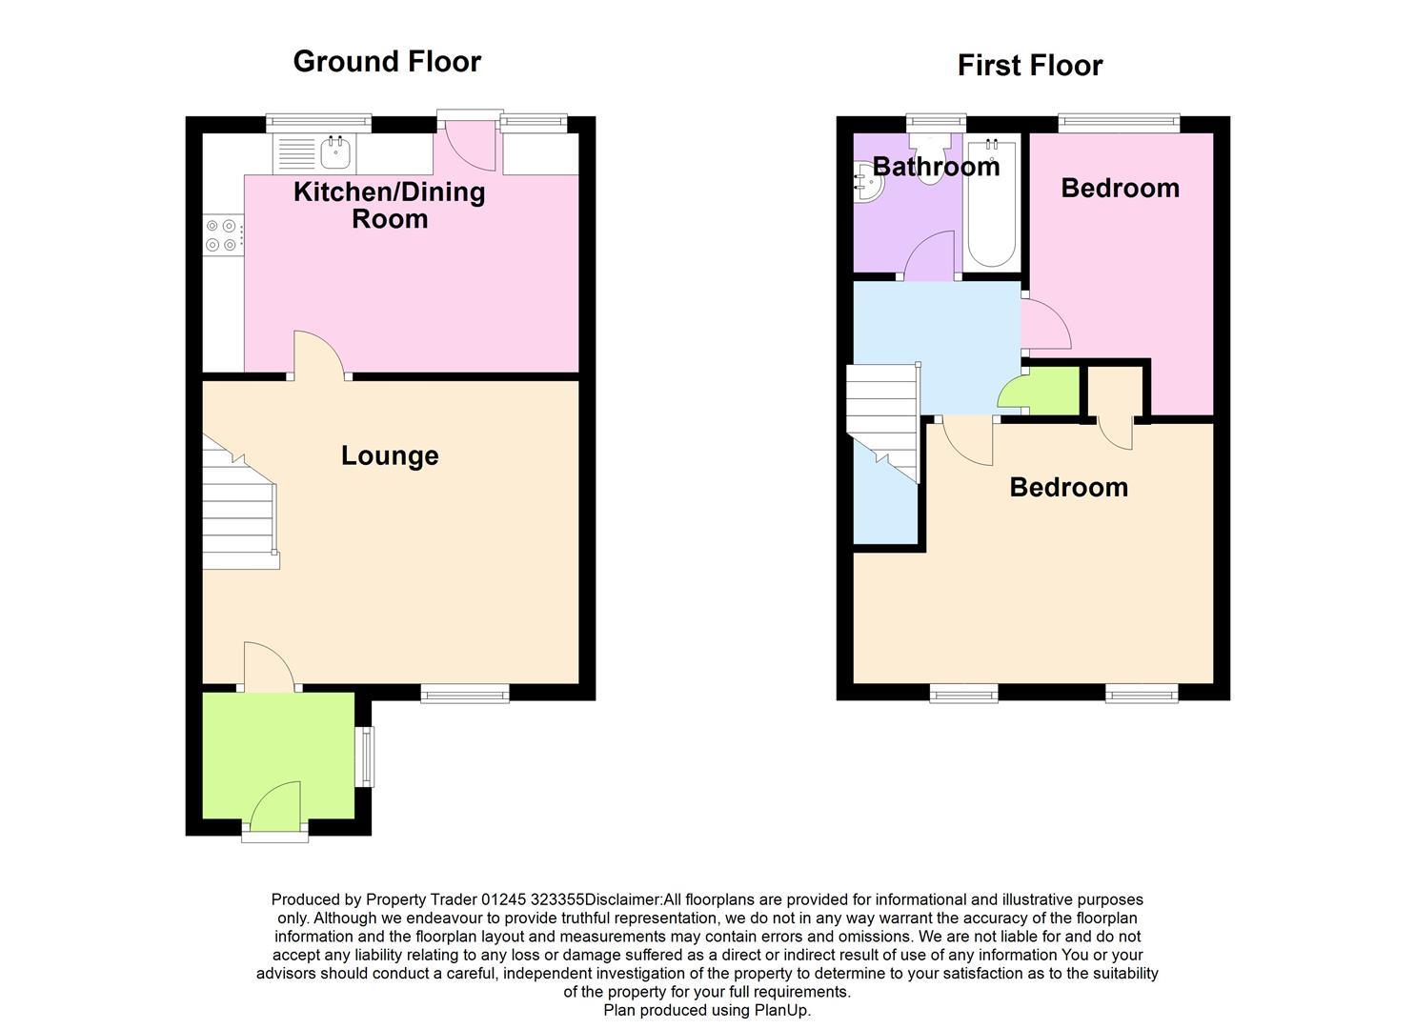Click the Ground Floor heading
pos(387,61)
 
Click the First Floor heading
pos(1029,66)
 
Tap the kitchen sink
pos(334,151)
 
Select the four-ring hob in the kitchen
pos(222,235)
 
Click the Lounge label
pos(390,455)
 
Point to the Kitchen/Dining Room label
pos(390,205)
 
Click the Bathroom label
pos(936,167)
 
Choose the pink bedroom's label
pos(1120,188)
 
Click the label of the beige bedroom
pos(1068,487)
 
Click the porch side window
pos(365,757)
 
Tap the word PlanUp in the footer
pos(781,1010)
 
